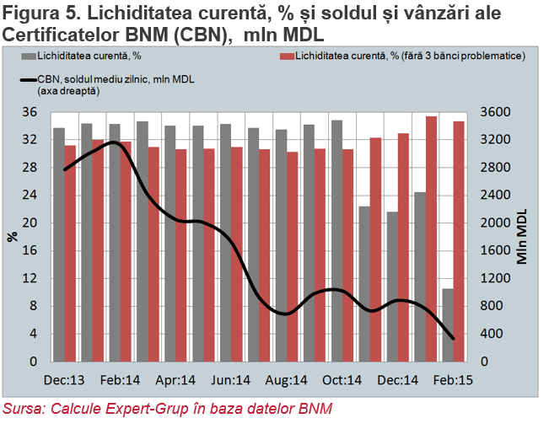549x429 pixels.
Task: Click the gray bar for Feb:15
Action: (x=448, y=325)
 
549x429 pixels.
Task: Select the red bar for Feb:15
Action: (x=459, y=241)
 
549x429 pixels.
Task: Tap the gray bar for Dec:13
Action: (x=59, y=244)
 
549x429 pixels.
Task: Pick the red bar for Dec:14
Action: (x=403, y=248)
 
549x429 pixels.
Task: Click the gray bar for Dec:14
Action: (x=392, y=287)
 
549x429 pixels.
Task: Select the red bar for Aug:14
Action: (x=292, y=257)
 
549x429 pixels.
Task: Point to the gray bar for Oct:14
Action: (x=336, y=241)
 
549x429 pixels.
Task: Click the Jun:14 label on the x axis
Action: (x=230, y=380)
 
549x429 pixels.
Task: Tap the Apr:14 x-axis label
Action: (x=175, y=380)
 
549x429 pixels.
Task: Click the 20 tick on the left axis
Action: (x=30, y=223)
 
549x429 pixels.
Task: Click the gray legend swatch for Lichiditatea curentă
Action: (x=29, y=56)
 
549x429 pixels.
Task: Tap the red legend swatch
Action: (x=287, y=56)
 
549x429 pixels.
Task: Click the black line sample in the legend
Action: (x=29, y=80)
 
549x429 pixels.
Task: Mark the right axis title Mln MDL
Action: (x=522, y=237)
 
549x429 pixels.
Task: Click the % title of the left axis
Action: (x=13, y=237)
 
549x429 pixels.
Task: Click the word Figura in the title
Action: (x=31, y=13)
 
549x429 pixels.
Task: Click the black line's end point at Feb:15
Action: (x=454, y=339)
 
